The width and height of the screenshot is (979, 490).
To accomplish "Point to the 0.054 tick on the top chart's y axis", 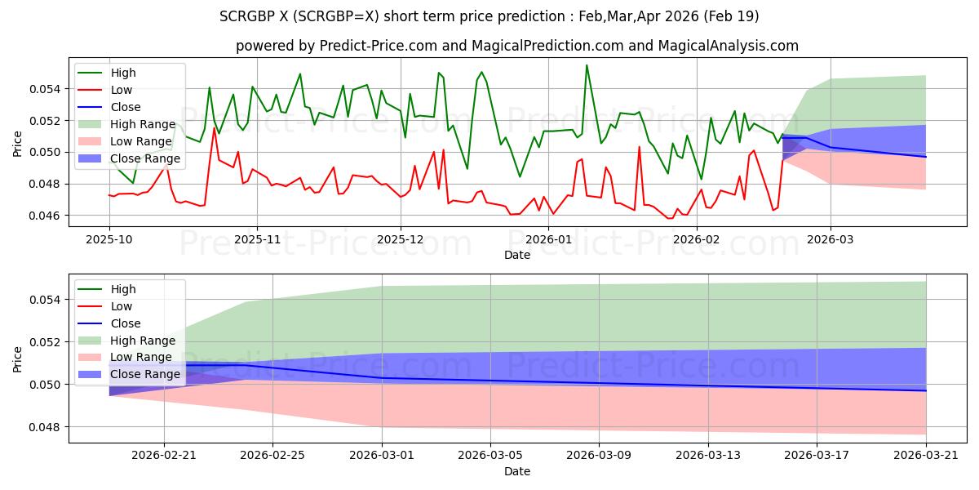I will pyautogui.click(x=51, y=88).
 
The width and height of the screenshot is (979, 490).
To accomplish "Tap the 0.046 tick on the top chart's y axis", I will pyautogui.click(x=51, y=216).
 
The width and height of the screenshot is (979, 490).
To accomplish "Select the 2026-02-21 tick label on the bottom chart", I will pyautogui.click(x=164, y=454).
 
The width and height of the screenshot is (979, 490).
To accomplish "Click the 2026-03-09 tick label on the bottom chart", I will pyautogui.click(x=599, y=454).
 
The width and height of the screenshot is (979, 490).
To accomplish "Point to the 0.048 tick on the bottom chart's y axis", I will pyautogui.click(x=51, y=427).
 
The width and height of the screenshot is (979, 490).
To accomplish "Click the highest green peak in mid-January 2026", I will pyautogui.click(x=586, y=65).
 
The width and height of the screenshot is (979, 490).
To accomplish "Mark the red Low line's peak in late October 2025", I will pyautogui.click(x=215, y=127).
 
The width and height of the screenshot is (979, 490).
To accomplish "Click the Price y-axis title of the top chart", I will pyautogui.click(x=19, y=144).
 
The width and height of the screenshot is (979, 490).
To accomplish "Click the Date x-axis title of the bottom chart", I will pyautogui.click(x=517, y=471).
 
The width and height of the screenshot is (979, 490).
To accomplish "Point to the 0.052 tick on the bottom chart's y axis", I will pyautogui.click(x=51, y=342).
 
